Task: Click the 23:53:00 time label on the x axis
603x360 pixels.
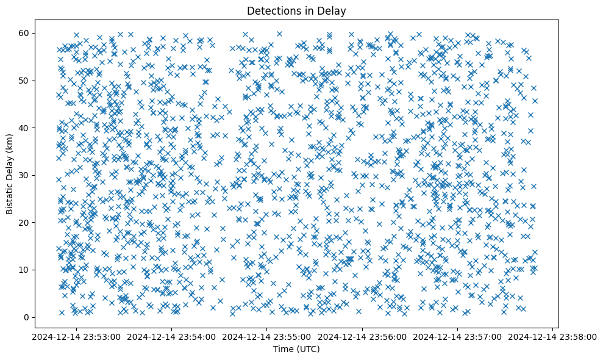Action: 76,336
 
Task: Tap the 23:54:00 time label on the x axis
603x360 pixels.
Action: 171,336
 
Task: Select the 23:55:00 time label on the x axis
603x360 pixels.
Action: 266,336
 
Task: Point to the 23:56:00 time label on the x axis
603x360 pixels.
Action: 362,336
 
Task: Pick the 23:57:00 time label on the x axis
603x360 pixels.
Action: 457,336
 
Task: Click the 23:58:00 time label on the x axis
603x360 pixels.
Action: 552,336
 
